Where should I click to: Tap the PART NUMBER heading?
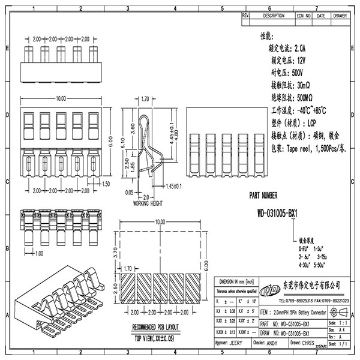pos(263,195)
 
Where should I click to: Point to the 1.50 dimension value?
pos(106,184)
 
